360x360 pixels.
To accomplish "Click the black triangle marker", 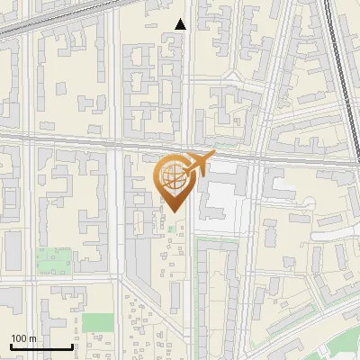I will (181, 24).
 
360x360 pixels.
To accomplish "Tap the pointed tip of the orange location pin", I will (172, 212).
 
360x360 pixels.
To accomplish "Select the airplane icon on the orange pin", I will (198, 165).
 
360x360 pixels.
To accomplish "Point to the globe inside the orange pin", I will (172, 176).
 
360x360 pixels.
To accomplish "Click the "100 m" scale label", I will (23, 337).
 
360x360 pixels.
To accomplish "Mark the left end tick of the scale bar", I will (11, 346).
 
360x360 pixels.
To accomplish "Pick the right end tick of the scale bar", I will (72, 346).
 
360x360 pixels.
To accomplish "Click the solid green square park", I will (98, 323).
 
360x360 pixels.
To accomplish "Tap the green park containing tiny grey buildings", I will (54, 261).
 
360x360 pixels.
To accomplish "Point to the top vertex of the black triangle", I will (181, 19).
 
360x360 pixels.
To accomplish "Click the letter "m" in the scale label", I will (32, 337).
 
